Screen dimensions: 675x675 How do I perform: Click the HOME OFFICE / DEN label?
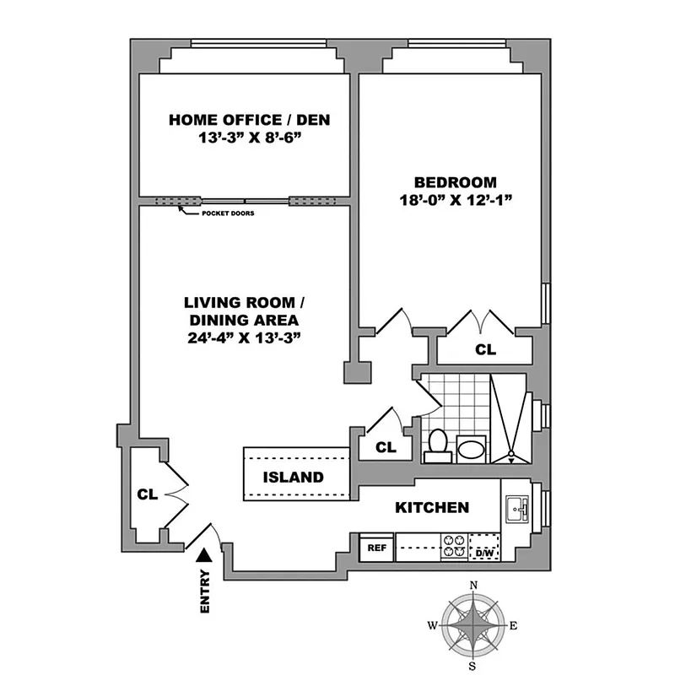[x=249, y=120]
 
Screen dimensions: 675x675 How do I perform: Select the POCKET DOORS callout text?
[x=227, y=213]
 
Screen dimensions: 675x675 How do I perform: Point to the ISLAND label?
[x=293, y=477]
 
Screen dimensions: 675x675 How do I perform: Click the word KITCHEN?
[x=432, y=507]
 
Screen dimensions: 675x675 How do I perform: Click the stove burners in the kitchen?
[x=454, y=548]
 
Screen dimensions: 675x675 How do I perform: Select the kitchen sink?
[x=516, y=509]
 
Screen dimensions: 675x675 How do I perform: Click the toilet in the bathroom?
[x=437, y=444]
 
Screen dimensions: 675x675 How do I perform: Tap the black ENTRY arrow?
[x=202, y=553]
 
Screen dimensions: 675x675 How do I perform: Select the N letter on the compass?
[x=474, y=585]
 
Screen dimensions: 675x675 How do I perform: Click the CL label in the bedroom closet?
[x=485, y=348]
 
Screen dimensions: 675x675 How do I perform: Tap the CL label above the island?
[x=386, y=447]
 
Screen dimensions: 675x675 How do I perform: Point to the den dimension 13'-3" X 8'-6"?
[x=249, y=137]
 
